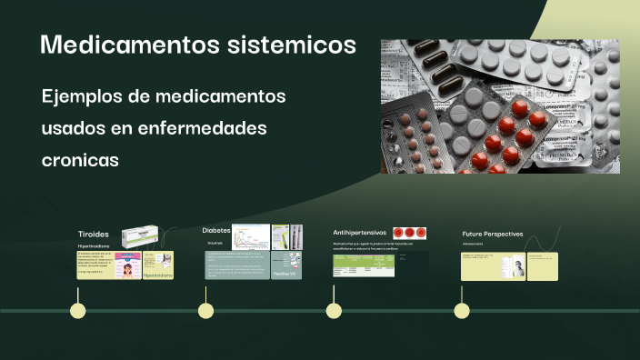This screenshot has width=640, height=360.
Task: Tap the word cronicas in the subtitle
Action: click(80, 159)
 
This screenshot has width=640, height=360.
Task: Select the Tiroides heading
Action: click(93, 234)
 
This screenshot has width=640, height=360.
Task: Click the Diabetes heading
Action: click(215, 230)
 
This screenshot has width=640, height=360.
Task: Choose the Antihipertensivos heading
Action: click(360, 233)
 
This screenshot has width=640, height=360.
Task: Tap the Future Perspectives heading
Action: click(492, 234)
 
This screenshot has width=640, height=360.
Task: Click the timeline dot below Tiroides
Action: click(78, 311)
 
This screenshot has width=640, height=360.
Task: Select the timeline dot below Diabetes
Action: click(206, 311)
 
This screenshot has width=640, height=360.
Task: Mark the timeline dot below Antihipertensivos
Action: click(334, 311)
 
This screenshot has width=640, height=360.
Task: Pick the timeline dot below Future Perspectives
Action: click(462, 311)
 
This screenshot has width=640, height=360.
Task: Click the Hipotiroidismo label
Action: click(156, 273)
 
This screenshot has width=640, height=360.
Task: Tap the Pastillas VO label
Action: click(286, 273)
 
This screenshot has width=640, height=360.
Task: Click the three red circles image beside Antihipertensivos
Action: click(410, 234)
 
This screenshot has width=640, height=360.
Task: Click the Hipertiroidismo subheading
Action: click(94, 246)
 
